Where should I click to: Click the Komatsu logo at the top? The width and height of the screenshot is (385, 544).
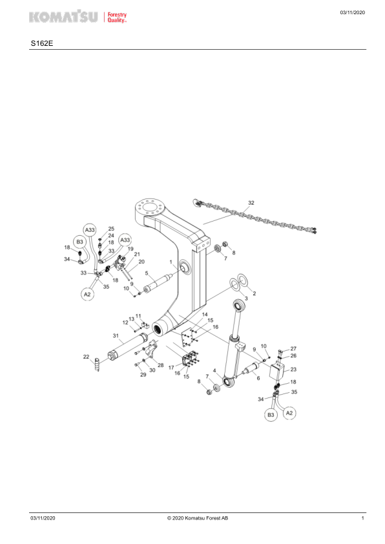click(78, 16)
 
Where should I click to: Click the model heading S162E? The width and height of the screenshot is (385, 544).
click(42, 44)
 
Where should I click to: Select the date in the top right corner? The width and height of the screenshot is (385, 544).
click(353, 12)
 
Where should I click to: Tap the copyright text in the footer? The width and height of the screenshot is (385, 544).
click(198, 518)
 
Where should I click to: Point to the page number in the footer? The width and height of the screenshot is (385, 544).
click(363, 518)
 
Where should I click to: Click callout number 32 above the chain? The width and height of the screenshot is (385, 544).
click(251, 203)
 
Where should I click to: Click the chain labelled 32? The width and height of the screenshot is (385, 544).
click(255, 217)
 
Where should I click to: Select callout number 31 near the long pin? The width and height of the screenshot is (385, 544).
click(116, 335)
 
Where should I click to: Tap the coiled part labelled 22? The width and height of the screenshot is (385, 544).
click(96, 364)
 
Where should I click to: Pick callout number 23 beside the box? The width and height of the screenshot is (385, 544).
click(293, 370)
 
